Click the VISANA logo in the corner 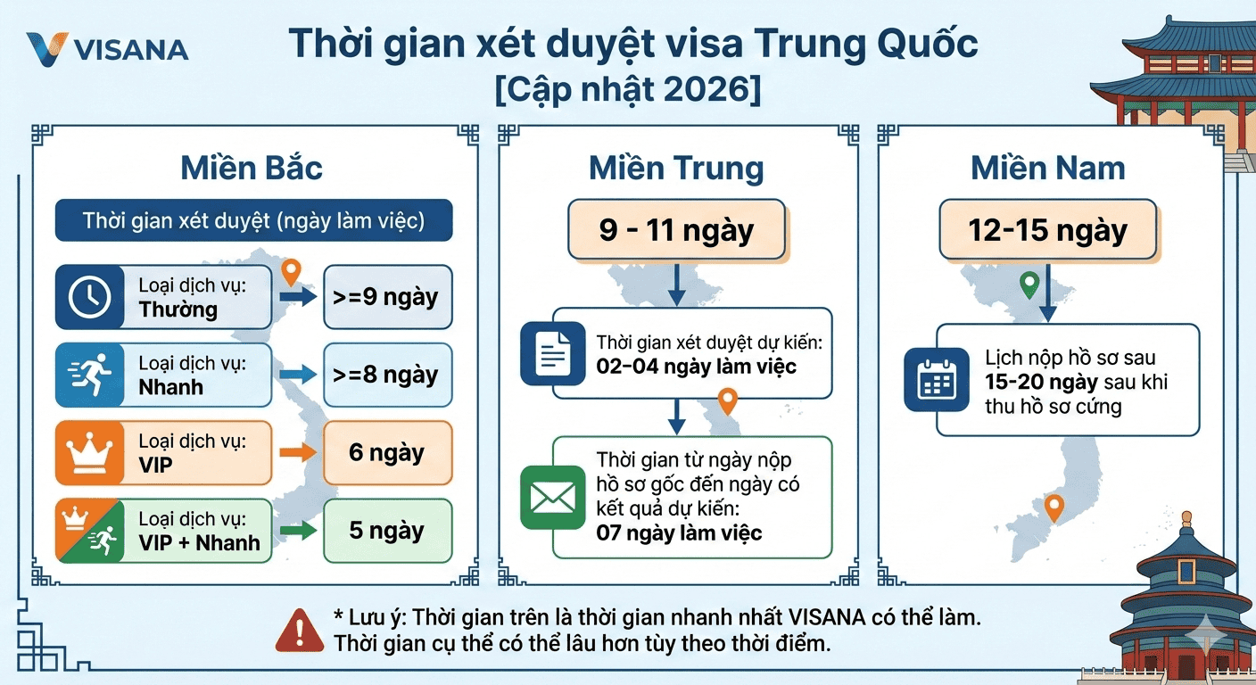pos(106,49)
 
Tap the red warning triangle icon pos(300,631)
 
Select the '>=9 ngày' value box pos(387,296)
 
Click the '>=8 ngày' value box pos(387,375)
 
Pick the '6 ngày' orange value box pos(387,452)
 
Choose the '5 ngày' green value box pos(387,531)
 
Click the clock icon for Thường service pos(90,296)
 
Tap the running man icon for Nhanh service pos(90,375)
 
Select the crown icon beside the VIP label pos(89,453)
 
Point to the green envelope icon pos(553,498)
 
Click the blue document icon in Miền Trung pos(553,354)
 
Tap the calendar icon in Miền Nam pos(937,380)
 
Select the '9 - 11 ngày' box pos(677,230)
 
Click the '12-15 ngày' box pos(1048,230)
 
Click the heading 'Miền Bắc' pos(252,168)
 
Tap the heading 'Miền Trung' pos(676,169)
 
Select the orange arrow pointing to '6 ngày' pos(298,452)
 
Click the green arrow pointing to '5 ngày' pos(298,531)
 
